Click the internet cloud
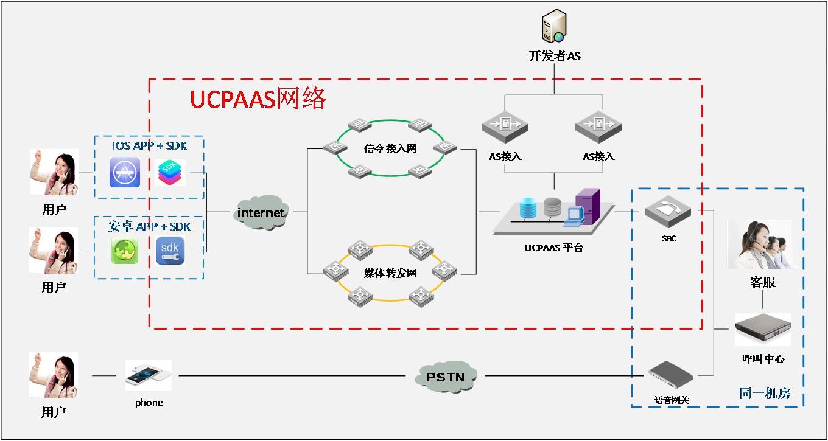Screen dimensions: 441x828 261,212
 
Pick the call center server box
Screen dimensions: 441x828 762,330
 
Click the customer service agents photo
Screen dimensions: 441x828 759,245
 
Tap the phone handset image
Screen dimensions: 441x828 148,375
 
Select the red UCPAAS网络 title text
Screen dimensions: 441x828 259,99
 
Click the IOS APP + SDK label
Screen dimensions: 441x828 149,146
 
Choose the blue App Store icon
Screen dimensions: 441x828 125,172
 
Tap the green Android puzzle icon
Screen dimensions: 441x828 124,251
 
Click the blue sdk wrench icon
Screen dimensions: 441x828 170,251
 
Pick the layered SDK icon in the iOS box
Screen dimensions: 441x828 170,173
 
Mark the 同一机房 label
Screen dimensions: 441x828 765,394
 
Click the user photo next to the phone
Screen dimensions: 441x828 54,375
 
